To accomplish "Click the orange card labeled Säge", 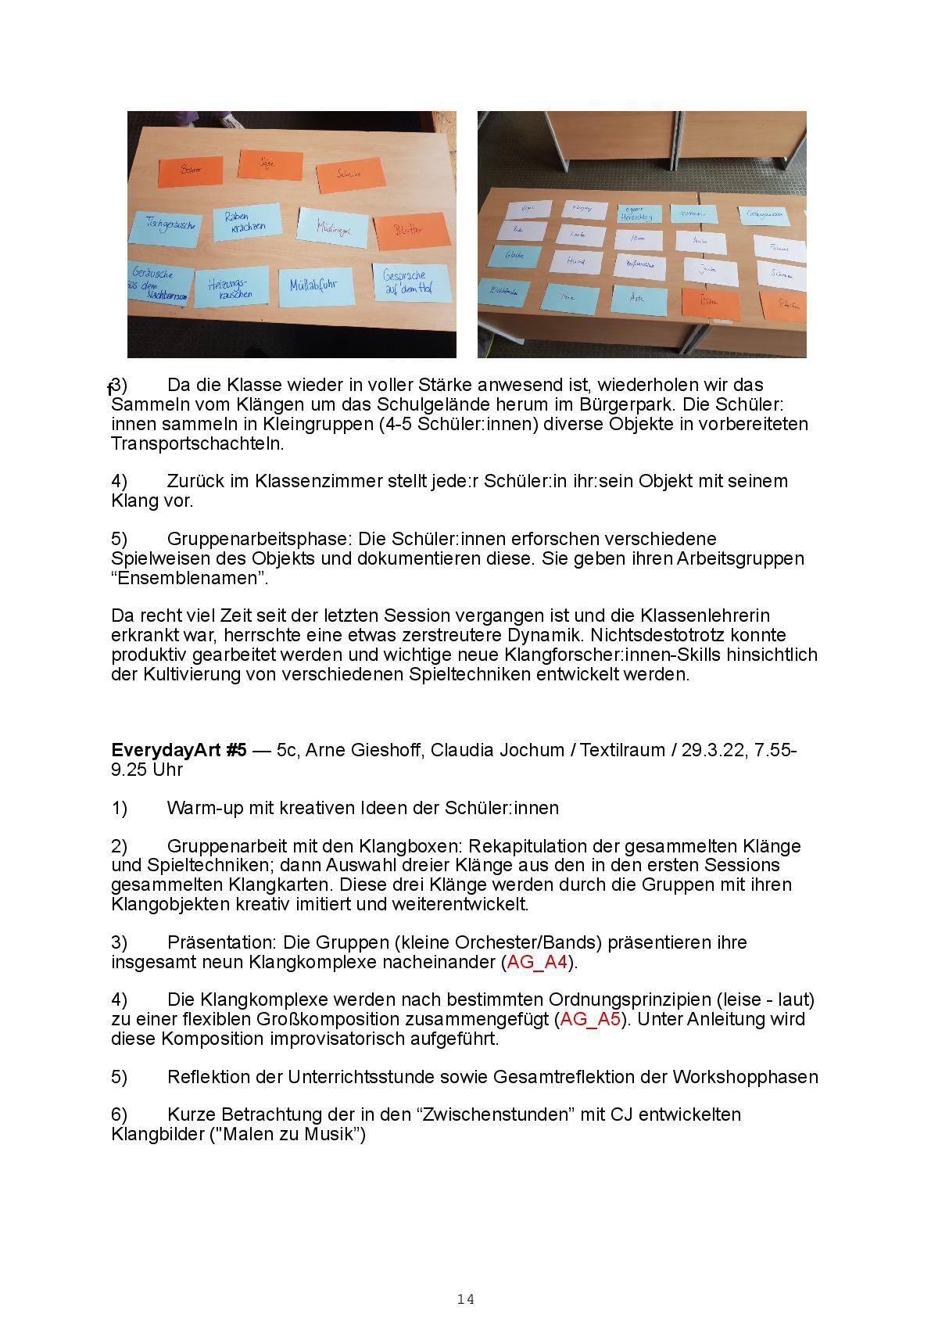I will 270,163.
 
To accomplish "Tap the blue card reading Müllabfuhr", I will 313,285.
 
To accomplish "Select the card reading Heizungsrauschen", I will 231,287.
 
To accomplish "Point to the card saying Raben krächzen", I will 245,221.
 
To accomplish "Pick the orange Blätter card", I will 410,228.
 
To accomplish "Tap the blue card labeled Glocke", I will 514,256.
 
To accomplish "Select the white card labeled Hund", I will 576,262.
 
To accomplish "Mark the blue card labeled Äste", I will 639,298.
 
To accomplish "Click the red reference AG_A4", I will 537,962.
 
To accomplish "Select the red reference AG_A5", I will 591,1019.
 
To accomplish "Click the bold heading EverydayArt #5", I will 179,750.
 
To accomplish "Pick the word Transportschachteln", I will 198,443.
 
